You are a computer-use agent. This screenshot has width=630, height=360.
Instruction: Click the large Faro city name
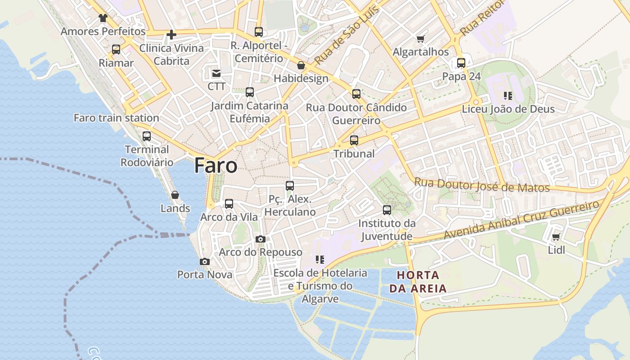click(x=216, y=166)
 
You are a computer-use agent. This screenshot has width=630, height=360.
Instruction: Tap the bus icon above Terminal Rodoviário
click(x=147, y=136)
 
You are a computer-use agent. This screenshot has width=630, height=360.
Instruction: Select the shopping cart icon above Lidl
click(x=556, y=237)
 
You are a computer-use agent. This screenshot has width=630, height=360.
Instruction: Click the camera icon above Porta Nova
click(x=205, y=261)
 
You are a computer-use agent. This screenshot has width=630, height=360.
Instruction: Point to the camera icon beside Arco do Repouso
click(x=260, y=239)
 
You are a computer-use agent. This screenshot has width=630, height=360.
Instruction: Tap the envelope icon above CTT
click(x=216, y=73)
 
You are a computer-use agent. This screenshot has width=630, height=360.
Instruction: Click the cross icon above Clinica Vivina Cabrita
click(x=171, y=34)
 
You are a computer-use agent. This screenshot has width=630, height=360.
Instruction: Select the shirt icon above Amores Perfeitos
click(x=103, y=18)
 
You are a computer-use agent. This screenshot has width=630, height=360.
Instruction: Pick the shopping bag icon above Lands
click(x=175, y=195)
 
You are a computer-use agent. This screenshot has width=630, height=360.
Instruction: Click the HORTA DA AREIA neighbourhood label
click(x=418, y=282)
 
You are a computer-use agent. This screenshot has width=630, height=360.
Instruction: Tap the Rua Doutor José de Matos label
click(x=481, y=185)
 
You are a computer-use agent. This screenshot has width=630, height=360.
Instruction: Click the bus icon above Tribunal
click(x=354, y=140)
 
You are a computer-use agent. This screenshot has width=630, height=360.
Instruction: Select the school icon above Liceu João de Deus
click(x=508, y=95)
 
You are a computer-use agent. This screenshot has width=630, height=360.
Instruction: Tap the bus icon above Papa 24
click(x=461, y=63)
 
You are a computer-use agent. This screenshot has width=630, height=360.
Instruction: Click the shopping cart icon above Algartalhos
click(x=421, y=39)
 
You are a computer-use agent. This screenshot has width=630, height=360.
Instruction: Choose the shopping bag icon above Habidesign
click(x=301, y=66)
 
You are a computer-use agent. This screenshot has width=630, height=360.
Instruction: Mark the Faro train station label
click(x=116, y=118)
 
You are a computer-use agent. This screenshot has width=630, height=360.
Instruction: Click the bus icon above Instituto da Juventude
click(x=387, y=210)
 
